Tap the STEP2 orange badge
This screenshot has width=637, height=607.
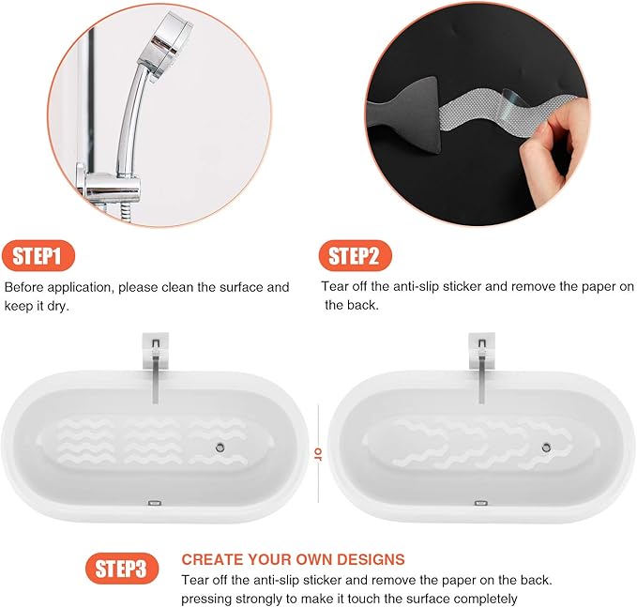356,255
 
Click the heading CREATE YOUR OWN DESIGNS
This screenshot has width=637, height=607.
293,559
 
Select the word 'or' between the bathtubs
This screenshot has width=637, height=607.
318,455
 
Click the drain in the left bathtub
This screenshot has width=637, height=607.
217,448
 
